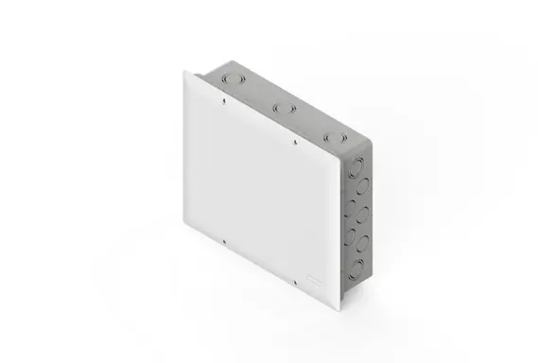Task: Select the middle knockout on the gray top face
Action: point(278,109)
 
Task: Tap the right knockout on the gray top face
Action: point(331,137)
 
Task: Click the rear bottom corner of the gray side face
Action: point(365,281)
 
